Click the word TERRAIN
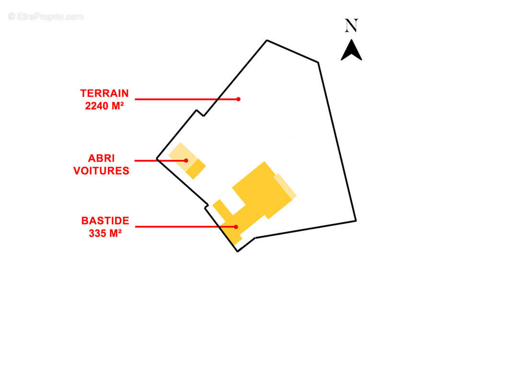coord(104,94)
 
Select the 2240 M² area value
coord(104,106)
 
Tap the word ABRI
coord(101,158)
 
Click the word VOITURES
coord(101,171)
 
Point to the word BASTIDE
coord(105,221)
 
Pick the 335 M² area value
coord(105,234)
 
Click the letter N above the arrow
coord(351,26)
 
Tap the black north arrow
coord(351,50)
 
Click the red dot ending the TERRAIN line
coord(238,99)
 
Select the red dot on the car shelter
coord(186,160)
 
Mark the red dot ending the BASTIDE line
coord(236,227)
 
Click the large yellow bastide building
coord(259,192)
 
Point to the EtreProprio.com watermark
coord(46,17)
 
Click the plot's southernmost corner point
coord(237,251)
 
